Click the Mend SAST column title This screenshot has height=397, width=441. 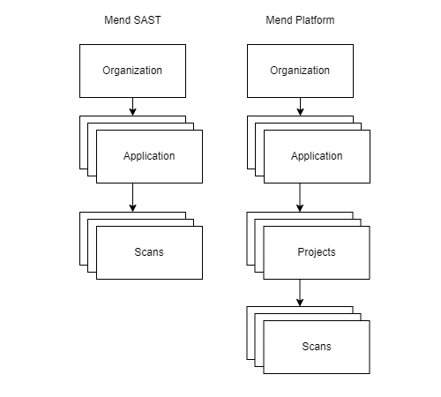(x=131, y=20)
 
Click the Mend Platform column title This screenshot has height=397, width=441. (x=300, y=20)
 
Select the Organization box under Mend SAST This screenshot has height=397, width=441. (x=132, y=71)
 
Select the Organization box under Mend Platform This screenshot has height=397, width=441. (x=300, y=71)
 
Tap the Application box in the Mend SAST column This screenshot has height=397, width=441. (x=149, y=156)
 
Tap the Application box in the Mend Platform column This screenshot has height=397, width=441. (x=317, y=156)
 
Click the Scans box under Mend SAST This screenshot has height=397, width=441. (x=149, y=252)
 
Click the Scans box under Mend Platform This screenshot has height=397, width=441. (x=317, y=347)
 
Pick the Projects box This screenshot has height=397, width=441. (x=317, y=252)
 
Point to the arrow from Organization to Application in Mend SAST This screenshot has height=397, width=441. (x=132, y=106)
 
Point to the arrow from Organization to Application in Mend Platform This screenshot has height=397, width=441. (x=300, y=106)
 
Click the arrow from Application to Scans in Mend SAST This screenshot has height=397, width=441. (x=132, y=197)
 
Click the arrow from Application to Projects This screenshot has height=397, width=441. (x=300, y=197)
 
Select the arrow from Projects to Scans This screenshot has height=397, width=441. (x=300, y=292)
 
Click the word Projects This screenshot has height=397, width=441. (x=317, y=252)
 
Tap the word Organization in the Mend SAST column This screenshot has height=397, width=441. (x=132, y=71)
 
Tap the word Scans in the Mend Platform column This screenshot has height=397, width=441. (x=317, y=347)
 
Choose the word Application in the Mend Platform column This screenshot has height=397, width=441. (x=317, y=156)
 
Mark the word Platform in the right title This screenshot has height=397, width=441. (x=314, y=20)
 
